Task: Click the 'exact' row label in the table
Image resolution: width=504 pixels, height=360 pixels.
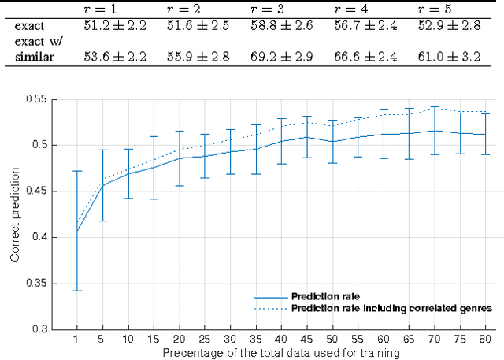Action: pyautogui.click(x=29, y=25)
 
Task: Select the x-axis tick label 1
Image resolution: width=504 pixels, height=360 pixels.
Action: pyautogui.click(x=76, y=340)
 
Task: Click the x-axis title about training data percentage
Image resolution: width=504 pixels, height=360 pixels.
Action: pyautogui.click(x=281, y=353)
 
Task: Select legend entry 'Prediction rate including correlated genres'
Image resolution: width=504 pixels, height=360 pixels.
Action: pyautogui.click(x=391, y=308)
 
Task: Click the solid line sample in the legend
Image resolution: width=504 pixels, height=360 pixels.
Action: pyautogui.click(x=270, y=297)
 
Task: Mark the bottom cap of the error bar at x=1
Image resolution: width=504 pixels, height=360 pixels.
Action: pyautogui.click(x=76, y=291)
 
